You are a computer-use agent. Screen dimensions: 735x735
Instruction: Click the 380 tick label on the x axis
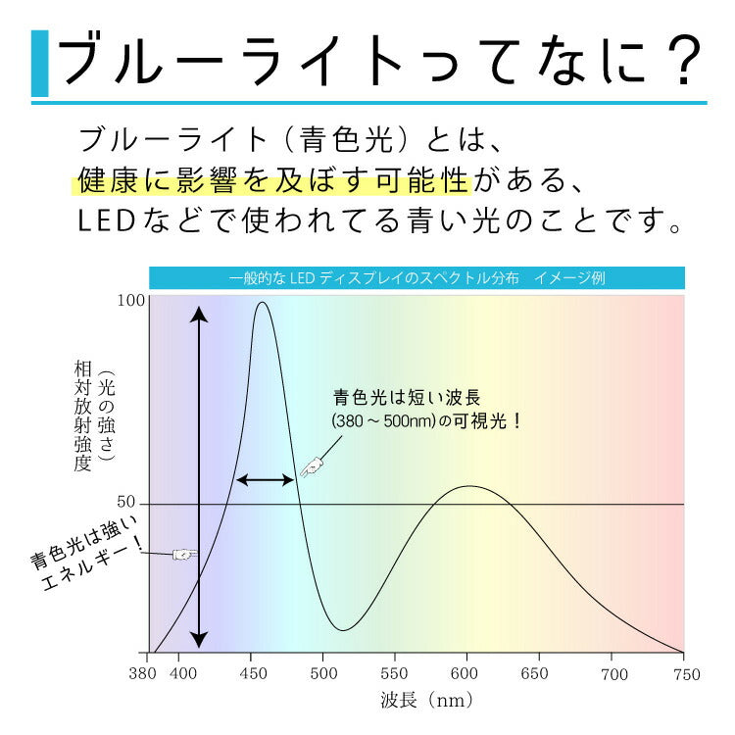[x=143, y=674]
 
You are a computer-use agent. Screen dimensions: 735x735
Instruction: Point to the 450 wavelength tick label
[x=252, y=674]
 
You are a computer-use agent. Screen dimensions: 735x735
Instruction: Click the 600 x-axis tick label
[x=466, y=674]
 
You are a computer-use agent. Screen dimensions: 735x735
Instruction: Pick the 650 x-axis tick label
[x=538, y=674]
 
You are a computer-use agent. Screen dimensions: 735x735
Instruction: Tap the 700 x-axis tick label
[x=613, y=674]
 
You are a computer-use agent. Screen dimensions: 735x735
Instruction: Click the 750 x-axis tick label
[x=686, y=674]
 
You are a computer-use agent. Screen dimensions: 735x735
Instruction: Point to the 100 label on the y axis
[x=130, y=301]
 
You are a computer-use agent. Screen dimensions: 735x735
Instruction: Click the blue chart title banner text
[x=416, y=278]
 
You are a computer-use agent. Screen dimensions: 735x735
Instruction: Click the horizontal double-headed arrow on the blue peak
[x=266, y=480]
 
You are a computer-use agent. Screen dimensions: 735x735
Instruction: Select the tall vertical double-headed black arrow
[x=199, y=477]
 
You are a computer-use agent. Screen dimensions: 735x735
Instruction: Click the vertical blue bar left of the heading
[x=39, y=64]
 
